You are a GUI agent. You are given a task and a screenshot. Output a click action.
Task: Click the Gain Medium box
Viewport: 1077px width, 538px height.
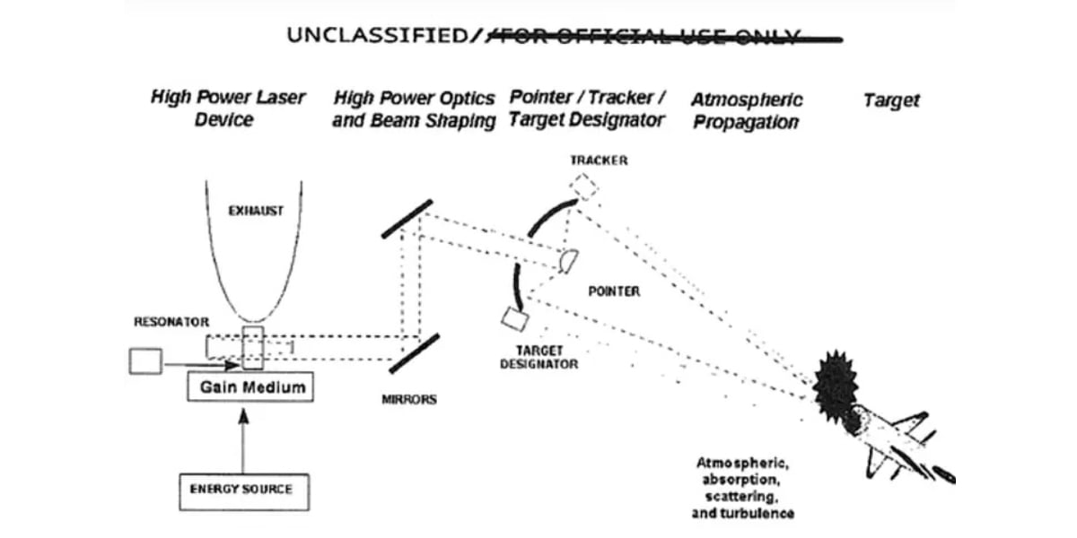[250, 388]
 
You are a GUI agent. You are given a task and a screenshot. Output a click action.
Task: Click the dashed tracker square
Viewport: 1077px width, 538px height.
[583, 187]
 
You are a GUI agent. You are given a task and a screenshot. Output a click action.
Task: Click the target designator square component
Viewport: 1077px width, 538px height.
[514, 318]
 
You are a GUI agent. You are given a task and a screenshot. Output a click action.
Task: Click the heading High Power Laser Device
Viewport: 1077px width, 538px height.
[227, 108]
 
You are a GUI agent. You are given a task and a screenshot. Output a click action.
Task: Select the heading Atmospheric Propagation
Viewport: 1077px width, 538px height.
[746, 110]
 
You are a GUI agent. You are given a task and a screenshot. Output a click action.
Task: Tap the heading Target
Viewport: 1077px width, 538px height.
[891, 100]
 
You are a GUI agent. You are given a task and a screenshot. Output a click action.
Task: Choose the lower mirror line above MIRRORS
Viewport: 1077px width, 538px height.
[413, 355]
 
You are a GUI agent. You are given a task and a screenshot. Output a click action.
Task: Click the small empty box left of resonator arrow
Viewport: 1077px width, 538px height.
[145, 361]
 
